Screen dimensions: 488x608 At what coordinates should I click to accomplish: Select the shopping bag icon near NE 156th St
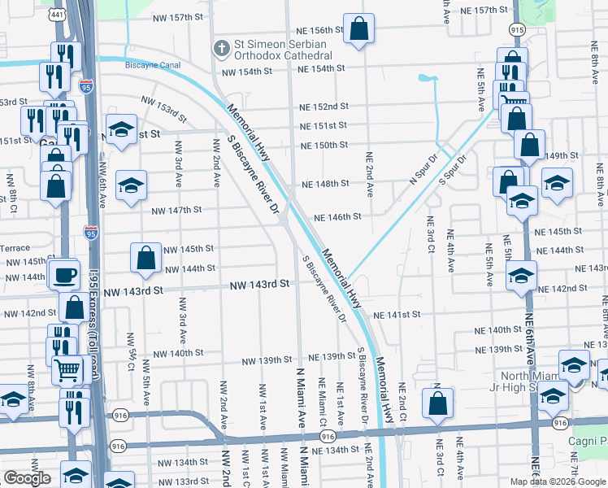[x=358, y=29]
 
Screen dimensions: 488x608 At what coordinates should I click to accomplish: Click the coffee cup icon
[x=64, y=274]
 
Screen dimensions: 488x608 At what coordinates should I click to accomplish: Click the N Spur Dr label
[x=423, y=168]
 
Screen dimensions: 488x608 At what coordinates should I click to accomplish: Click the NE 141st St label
[x=397, y=314]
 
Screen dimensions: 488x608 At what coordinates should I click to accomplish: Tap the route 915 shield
[x=517, y=28]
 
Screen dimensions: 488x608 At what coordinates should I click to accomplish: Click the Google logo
[x=27, y=478]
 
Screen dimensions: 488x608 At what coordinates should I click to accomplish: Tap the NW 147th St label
[x=176, y=210]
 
